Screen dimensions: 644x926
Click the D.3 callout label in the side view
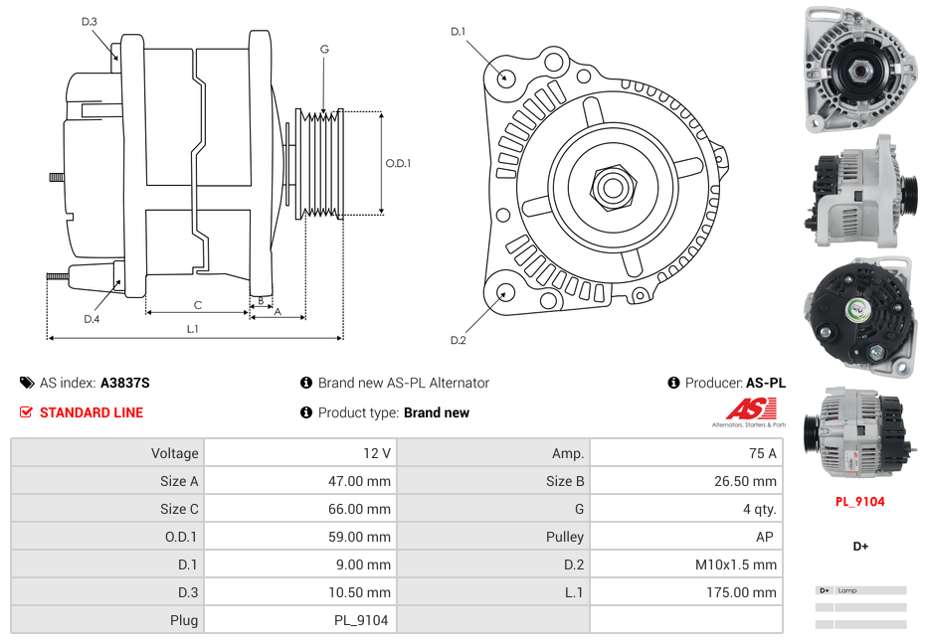coord(90,21)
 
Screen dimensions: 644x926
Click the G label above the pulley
coord(324,49)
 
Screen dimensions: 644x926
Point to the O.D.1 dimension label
coord(398,163)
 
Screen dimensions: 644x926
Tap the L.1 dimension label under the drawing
coord(192,328)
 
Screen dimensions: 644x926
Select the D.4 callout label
coord(92,319)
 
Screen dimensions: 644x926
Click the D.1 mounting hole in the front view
coord(505,77)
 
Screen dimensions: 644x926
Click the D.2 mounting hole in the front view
coord(504,292)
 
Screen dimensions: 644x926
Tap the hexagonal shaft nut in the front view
coord(612,186)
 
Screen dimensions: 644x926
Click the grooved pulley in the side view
coord(321,163)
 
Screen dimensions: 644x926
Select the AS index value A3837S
coord(124,383)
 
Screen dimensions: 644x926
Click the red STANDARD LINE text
coord(91,412)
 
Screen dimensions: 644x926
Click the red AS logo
coord(750,408)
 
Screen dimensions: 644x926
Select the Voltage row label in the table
coord(174,453)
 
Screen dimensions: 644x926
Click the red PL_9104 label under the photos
coord(859,502)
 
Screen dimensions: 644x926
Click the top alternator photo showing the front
coord(859,70)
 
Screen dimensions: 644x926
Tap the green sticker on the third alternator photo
coord(855,310)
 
